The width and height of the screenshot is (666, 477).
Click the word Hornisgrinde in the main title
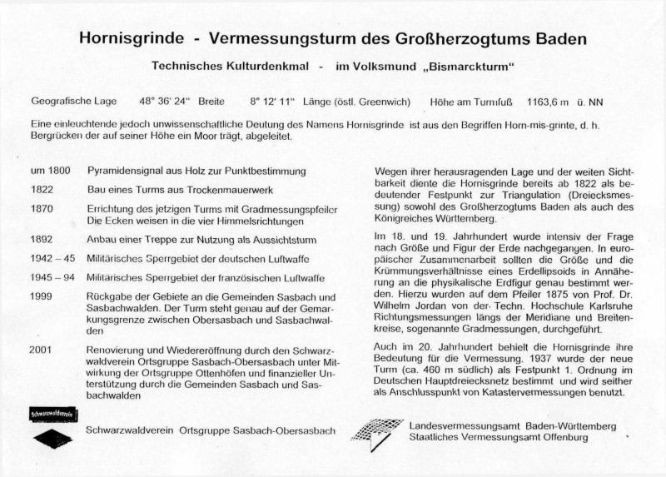[x=132, y=39]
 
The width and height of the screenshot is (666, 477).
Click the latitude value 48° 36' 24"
[x=166, y=102]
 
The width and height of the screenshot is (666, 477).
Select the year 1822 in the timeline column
[x=42, y=189]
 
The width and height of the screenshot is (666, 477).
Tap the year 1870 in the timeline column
[x=42, y=208]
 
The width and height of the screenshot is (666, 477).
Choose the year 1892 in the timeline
[x=42, y=239]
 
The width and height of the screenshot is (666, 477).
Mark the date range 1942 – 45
[x=52, y=258]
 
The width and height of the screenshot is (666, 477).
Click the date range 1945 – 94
[x=52, y=277]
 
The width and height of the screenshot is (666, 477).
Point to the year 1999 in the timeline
[x=42, y=297]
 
